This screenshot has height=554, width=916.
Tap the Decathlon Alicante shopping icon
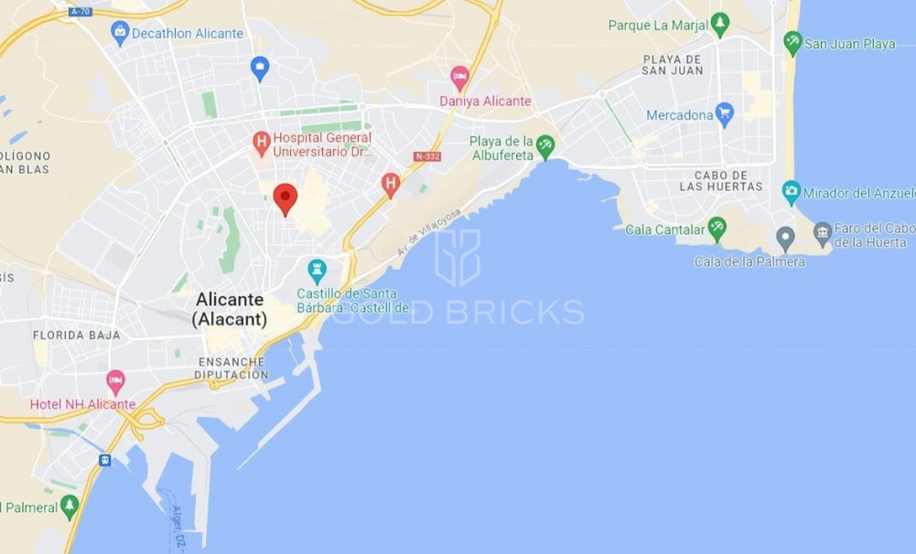click(x=120, y=33)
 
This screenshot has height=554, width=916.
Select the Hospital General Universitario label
click(x=322, y=144)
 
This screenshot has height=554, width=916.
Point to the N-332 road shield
click(x=427, y=157)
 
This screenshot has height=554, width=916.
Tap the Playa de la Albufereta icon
click(x=545, y=144)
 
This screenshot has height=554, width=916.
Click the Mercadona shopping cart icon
click(x=725, y=114)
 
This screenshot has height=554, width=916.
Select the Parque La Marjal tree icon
click(x=720, y=24)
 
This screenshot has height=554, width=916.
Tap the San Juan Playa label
click(x=850, y=43)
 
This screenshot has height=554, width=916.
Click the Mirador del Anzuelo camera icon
click(x=792, y=192)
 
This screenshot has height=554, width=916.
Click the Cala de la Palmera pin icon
click(x=785, y=239)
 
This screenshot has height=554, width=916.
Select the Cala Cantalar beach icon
click(x=717, y=228)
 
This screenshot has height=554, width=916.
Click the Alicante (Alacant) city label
click(x=230, y=309)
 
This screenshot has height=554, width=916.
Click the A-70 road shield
click(x=80, y=12)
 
